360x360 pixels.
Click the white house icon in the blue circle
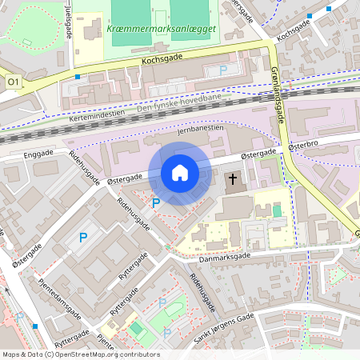pyautogui.click(x=180, y=173)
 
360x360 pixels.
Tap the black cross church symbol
pyautogui.click(x=234, y=180)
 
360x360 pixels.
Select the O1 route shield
pyautogui.click(x=12, y=82)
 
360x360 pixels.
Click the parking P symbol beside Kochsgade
pyautogui.click(x=223, y=71)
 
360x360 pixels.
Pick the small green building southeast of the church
pyautogui.click(x=278, y=211)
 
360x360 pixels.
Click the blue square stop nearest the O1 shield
pyautogui.click(x=77, y=77)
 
